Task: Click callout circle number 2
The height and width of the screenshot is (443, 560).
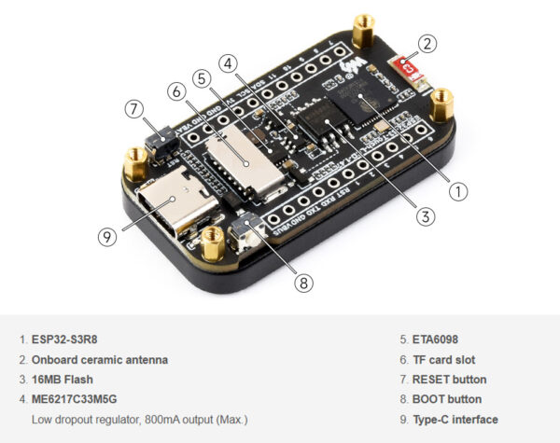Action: click(427, 43)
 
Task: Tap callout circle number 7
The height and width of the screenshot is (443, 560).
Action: click(134, 108)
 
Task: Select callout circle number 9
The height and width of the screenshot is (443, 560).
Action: click(107, 236)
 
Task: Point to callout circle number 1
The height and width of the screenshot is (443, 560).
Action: click(458, 191)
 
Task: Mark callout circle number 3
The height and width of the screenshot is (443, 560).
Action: click(426, 216)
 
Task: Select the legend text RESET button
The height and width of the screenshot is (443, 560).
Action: click(449, 380)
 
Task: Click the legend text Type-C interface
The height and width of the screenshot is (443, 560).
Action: click(455, 419)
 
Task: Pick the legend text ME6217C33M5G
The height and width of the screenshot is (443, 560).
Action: click(81, 399)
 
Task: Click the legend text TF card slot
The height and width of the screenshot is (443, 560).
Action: click(444, 360)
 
